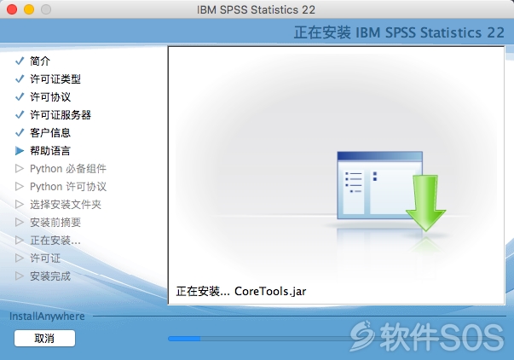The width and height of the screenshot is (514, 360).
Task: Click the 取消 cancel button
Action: coord(44,338)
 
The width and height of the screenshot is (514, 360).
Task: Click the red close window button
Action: coord(12,9)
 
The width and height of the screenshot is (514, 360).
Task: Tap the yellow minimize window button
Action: coord(29,9)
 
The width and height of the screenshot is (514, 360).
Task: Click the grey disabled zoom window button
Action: coord(46,9)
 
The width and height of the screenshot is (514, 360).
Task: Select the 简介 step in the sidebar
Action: coord(40,61)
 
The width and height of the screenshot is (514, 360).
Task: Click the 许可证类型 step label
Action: coord(55,78)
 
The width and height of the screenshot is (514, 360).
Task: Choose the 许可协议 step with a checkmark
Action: coord(50,96)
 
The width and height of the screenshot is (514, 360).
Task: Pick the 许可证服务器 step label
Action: coord(61,115)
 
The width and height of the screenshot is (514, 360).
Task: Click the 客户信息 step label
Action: coord(50,132)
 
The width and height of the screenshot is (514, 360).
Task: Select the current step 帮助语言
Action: coord(50,151)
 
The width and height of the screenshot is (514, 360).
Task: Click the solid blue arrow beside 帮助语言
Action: coord(20,151)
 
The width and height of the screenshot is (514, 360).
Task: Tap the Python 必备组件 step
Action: coord(68,169)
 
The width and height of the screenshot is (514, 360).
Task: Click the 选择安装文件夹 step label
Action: coord(66,205)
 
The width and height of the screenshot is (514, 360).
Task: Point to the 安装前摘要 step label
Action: coord(55,222)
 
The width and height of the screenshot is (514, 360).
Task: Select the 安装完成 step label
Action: coord(50,276)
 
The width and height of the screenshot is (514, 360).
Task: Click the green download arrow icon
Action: coord(425,203)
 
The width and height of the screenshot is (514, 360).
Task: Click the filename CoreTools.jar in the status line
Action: coord(270,291)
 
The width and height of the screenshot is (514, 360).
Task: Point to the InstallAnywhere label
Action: coord(47,316)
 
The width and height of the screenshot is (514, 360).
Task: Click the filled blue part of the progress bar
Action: coord(184,339)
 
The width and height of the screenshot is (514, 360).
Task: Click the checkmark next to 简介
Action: coord(20,61)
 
